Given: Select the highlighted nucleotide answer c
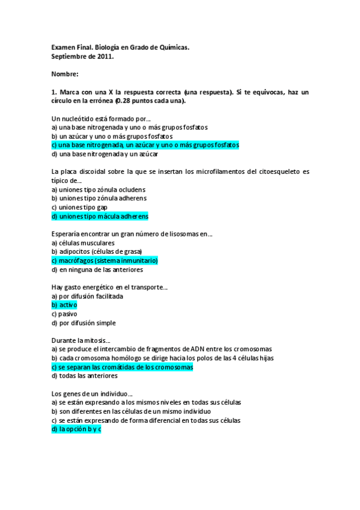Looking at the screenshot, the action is pyautogui.click(x=145, y=145).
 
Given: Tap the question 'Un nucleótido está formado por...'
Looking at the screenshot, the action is pyautogui.click(x=101, y=118).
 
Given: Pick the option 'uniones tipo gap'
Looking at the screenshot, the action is pyautogui.click(x=79, y=207).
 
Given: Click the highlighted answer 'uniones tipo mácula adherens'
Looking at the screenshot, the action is pyautogui.click(x=100, y=216).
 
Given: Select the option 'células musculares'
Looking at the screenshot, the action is pyautogui.click(x=82, y=243).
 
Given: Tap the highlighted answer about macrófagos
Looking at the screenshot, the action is pyautogui.click(x=105, y=260).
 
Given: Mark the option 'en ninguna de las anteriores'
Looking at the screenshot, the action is pyautogui.click(x=96, y=269).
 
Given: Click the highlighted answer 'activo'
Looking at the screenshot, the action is pyautogui.click(x=64, y=305).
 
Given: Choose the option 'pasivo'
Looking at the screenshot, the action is pyautogui.click(x=63, y=314).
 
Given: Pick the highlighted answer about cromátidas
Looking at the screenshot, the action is pyautogui.click(x=122, y=367).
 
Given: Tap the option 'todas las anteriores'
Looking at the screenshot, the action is pyautogui.click(x=84, y=376).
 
